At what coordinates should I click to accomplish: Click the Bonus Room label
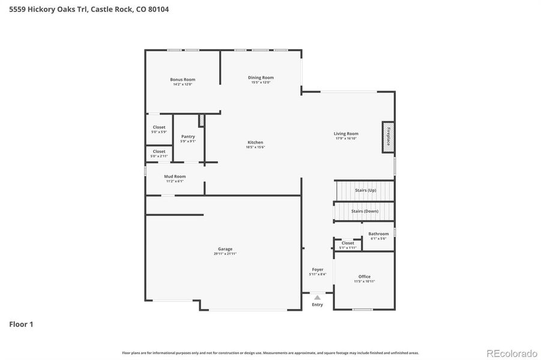[183, 79]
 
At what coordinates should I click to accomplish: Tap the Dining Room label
[261, 77]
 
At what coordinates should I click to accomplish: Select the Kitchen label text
[255, 142]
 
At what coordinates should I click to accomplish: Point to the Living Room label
[346, 134]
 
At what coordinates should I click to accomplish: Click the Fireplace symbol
[388, 137]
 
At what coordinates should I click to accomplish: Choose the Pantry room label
[188, 136]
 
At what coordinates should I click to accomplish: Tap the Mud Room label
[175, 176]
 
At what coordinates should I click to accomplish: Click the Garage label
[225, 249]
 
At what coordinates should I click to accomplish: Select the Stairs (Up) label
[365, 190]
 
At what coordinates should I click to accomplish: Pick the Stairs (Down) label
[364, 211]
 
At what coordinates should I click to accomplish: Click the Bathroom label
[378, 233]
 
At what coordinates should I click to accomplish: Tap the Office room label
[364, 277]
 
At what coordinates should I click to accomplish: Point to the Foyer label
[318, 269]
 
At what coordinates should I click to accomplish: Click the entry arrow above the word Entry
[317, 297]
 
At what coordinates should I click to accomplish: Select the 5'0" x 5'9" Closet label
[159, 127]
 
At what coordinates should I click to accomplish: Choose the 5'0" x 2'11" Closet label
[159, 151]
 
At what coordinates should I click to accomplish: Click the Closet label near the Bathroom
[348, 243]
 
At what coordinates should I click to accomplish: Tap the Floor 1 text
[21, 325]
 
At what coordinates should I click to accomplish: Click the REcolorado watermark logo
[511, 353]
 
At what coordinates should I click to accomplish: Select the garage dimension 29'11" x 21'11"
[225, 254]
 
